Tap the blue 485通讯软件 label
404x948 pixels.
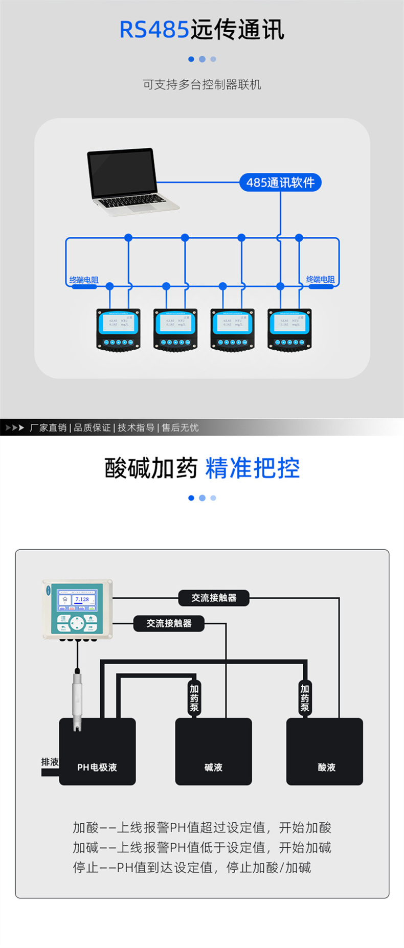280,183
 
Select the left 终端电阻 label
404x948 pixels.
84,280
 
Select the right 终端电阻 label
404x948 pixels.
320,279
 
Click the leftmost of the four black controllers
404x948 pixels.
118,329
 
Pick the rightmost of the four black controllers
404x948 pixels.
289,329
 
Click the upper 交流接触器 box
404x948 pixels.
214,598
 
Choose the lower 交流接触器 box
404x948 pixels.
169,623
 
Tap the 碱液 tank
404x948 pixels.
213,751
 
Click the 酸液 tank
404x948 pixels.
324,751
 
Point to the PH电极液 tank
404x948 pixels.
97,751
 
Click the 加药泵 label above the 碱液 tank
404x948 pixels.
194,698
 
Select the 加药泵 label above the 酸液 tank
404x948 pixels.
305,698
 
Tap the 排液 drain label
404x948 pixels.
50,762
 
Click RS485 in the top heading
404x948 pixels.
154,30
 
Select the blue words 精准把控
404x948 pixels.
253,468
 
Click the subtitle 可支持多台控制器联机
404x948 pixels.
202,84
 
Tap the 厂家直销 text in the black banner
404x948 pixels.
48,427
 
